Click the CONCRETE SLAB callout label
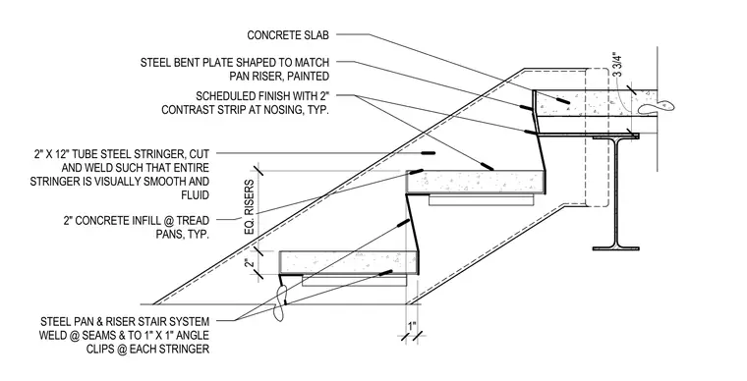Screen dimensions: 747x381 (x=288, y=35)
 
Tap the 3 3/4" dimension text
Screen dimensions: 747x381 (x=617, y=65)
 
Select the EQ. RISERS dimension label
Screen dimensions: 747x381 (x=249, y=207)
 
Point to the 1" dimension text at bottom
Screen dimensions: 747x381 (x=412, y=326)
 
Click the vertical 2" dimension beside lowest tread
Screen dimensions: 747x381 (x=249, y=262)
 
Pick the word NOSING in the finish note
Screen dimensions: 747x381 (x=277, y=109)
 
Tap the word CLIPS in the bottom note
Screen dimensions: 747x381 (x=100, y=350)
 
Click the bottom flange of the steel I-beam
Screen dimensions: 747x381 (x=615, y=247)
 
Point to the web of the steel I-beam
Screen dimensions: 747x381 (x=615, y=191)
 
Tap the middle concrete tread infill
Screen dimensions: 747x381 (x=476, y=183)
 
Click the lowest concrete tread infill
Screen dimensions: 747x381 (x=348, y=262)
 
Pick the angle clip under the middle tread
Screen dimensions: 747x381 (x=482, y=199)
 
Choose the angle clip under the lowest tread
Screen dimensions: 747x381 (x=354, y=280)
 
